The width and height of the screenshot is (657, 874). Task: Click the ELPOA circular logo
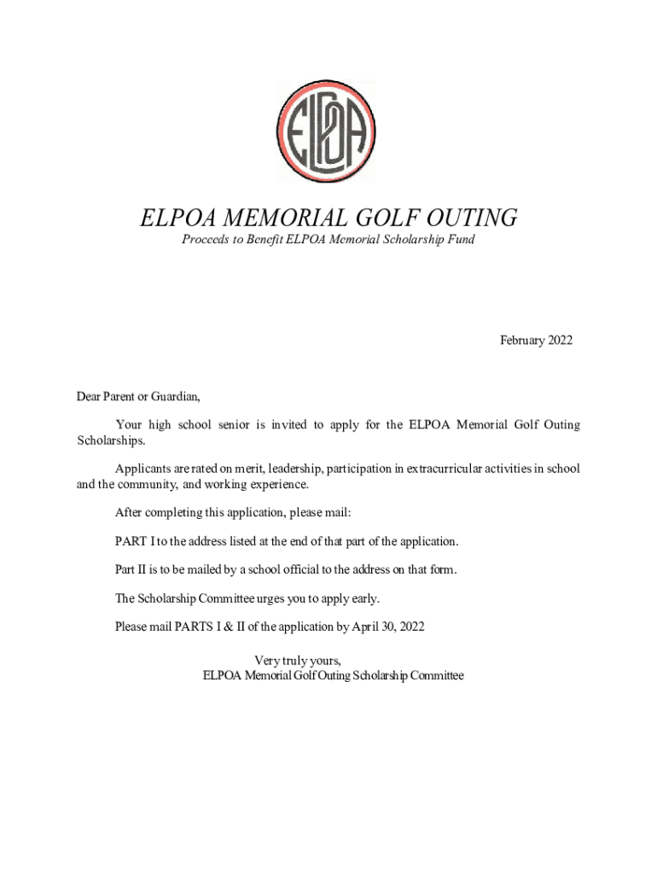[326, 131]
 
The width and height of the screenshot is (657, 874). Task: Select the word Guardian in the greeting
[176, 396]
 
